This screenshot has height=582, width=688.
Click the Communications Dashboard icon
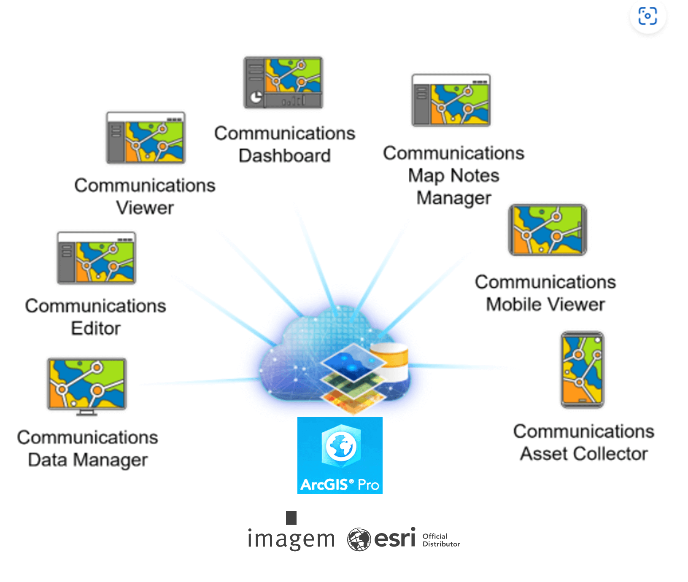click(x=283, y=83)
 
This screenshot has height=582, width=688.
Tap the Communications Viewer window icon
click(x=146, y=137)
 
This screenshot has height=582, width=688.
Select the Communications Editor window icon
click(x=97, y=258)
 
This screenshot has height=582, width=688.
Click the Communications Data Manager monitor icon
click(x=87, y=385)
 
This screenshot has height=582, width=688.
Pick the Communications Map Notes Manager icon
click(x=451, y=100)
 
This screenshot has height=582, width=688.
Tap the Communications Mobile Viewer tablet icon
click(x=548, y=230)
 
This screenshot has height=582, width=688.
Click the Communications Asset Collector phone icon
click(x=583, y=369)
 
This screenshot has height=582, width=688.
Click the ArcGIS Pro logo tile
click(x=340, y=455)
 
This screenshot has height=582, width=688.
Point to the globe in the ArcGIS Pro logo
click(x=341, y=446)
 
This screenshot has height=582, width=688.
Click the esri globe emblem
click(x=359, y=539)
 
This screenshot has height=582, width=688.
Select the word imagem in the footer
click(x=291, y=539)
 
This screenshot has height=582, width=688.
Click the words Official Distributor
click(x=441, y=540)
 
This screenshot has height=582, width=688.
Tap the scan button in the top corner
click(x=648, y=16)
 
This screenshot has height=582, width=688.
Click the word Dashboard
click(x=285, y=156)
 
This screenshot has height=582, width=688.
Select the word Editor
click(x=96, y=328)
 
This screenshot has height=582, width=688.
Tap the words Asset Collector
click(x=584, y=454)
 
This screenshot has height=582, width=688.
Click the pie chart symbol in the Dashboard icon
click(x=256, y=98)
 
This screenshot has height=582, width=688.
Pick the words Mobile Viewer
click(x=545, y=304)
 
